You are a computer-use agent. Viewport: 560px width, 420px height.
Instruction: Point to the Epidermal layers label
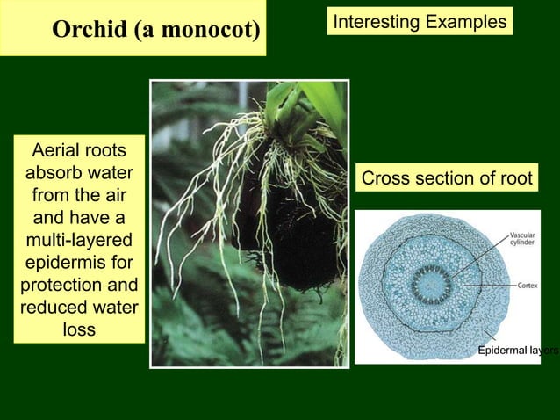click(518, 351)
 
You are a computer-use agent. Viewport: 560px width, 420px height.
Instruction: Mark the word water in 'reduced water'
click(111, 308)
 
